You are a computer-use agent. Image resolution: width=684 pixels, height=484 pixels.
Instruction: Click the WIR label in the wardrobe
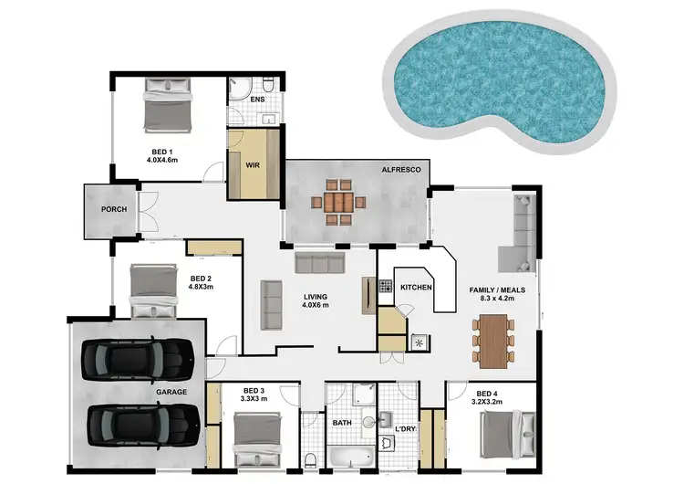[x=253, y=166]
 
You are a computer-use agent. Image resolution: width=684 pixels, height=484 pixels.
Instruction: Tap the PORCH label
[x=114, y=210]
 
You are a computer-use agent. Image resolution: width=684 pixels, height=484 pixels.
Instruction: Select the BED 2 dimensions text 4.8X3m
[x=202, y=286]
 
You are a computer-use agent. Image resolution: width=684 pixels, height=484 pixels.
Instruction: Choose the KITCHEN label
[x=417, y=288]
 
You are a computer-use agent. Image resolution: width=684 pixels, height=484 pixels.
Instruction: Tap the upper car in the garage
[x=137, y=358]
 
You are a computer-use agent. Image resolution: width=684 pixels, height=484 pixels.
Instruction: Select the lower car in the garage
[x=144, y=423]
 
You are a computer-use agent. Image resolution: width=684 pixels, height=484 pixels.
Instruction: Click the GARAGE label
[x=171, y=392]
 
